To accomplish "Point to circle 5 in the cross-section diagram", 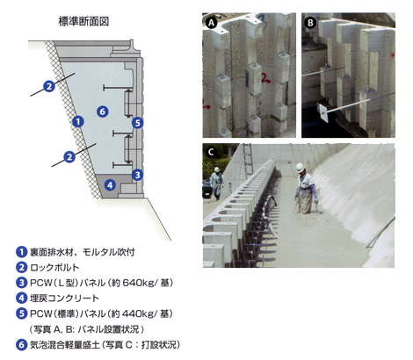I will (x=137, y=123).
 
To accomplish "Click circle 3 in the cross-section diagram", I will (x=137, y=175).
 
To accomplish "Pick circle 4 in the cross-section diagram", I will (x=109, y=184).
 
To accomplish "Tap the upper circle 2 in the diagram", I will (x=49, y=85).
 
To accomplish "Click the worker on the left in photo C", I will (x=217, y=184).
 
